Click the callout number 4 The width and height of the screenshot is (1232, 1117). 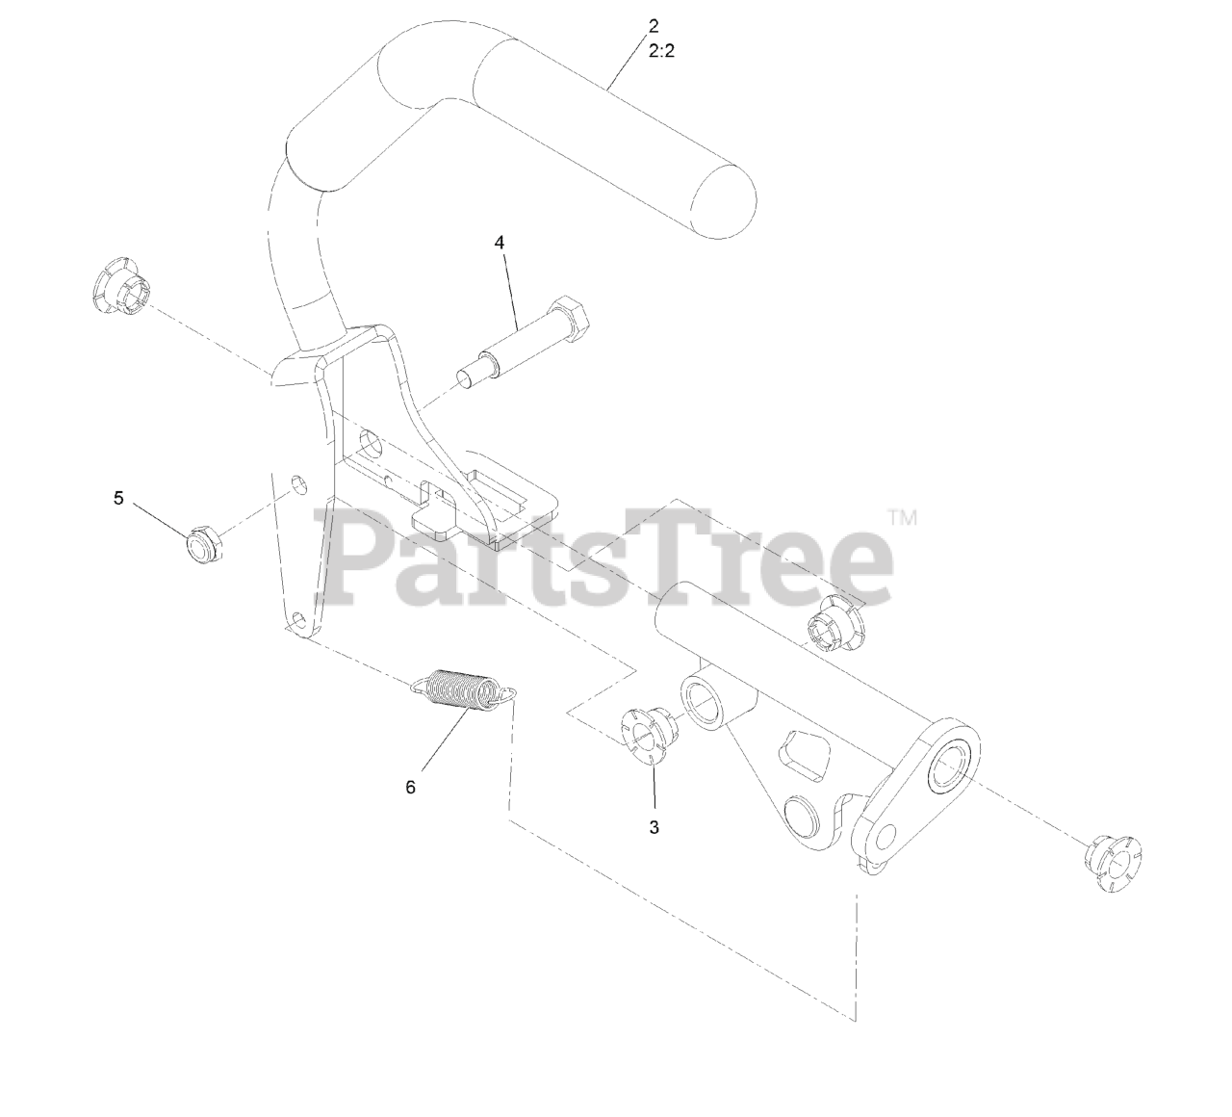pos(500,243)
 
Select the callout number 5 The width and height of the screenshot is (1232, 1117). pos(118,498)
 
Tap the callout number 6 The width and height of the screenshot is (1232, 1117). pos(411,787)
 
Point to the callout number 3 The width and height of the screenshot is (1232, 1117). pos(654,827)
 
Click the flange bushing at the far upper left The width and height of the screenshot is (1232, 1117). pos(120,285)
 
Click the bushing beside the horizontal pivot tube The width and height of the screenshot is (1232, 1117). pos(833,626)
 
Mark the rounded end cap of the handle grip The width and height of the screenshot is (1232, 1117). pos(725,202)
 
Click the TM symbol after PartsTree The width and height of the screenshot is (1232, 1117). pos(902,518)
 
